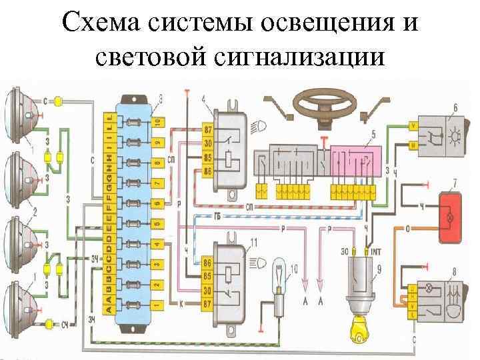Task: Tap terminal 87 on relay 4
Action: (x=208, y=128)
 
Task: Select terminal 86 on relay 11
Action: (x=208, y=263)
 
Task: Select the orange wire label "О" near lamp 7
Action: (x=407, y=229)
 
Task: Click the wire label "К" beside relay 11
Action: (x=181, y=304)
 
